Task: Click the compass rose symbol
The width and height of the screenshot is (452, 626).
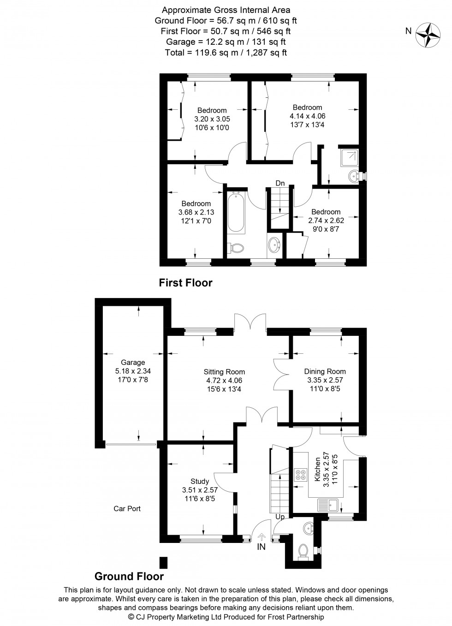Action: click(x=428, y=35)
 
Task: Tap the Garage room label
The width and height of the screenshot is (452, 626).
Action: click(x=133, y=362)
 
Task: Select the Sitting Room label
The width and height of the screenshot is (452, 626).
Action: click(x=224, y=372)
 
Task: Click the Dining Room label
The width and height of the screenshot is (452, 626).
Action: click(x=325, y=371)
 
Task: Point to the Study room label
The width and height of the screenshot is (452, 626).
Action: click(x=200, y=481)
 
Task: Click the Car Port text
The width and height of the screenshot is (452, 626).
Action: click(x=127, y=508)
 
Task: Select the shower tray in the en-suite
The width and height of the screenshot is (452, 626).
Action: click(x=348, y=158)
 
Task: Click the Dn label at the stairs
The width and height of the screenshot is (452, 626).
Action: click(x=280, y=183)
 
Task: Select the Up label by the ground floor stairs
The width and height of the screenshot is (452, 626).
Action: click(x=280, y=517)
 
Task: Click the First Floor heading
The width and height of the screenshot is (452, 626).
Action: click(x=185, y=282)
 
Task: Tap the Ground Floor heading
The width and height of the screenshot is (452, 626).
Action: click(x=129, y=576)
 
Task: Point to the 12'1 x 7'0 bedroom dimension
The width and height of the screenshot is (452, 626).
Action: click(x=196, y=221)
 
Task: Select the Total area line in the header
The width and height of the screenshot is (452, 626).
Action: click(x=226, y=53)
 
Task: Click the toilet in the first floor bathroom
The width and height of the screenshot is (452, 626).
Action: click(x=237, y=248)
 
